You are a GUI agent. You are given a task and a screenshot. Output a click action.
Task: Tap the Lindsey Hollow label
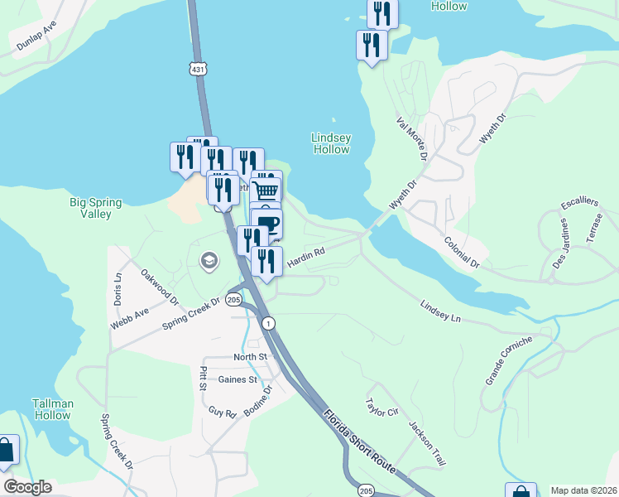(331, 143)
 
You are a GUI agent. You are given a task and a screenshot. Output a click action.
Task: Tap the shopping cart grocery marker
(266, 190)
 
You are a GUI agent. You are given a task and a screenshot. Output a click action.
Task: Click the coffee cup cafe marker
(267, 224)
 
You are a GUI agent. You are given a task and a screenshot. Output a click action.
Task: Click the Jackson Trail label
(427, 442)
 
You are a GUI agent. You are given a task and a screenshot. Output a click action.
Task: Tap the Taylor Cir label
(381, 408)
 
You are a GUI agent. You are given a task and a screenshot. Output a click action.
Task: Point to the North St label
(251, 357)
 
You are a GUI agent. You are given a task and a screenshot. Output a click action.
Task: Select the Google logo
(27, 487)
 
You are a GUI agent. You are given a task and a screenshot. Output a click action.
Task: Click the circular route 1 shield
(268, 322)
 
